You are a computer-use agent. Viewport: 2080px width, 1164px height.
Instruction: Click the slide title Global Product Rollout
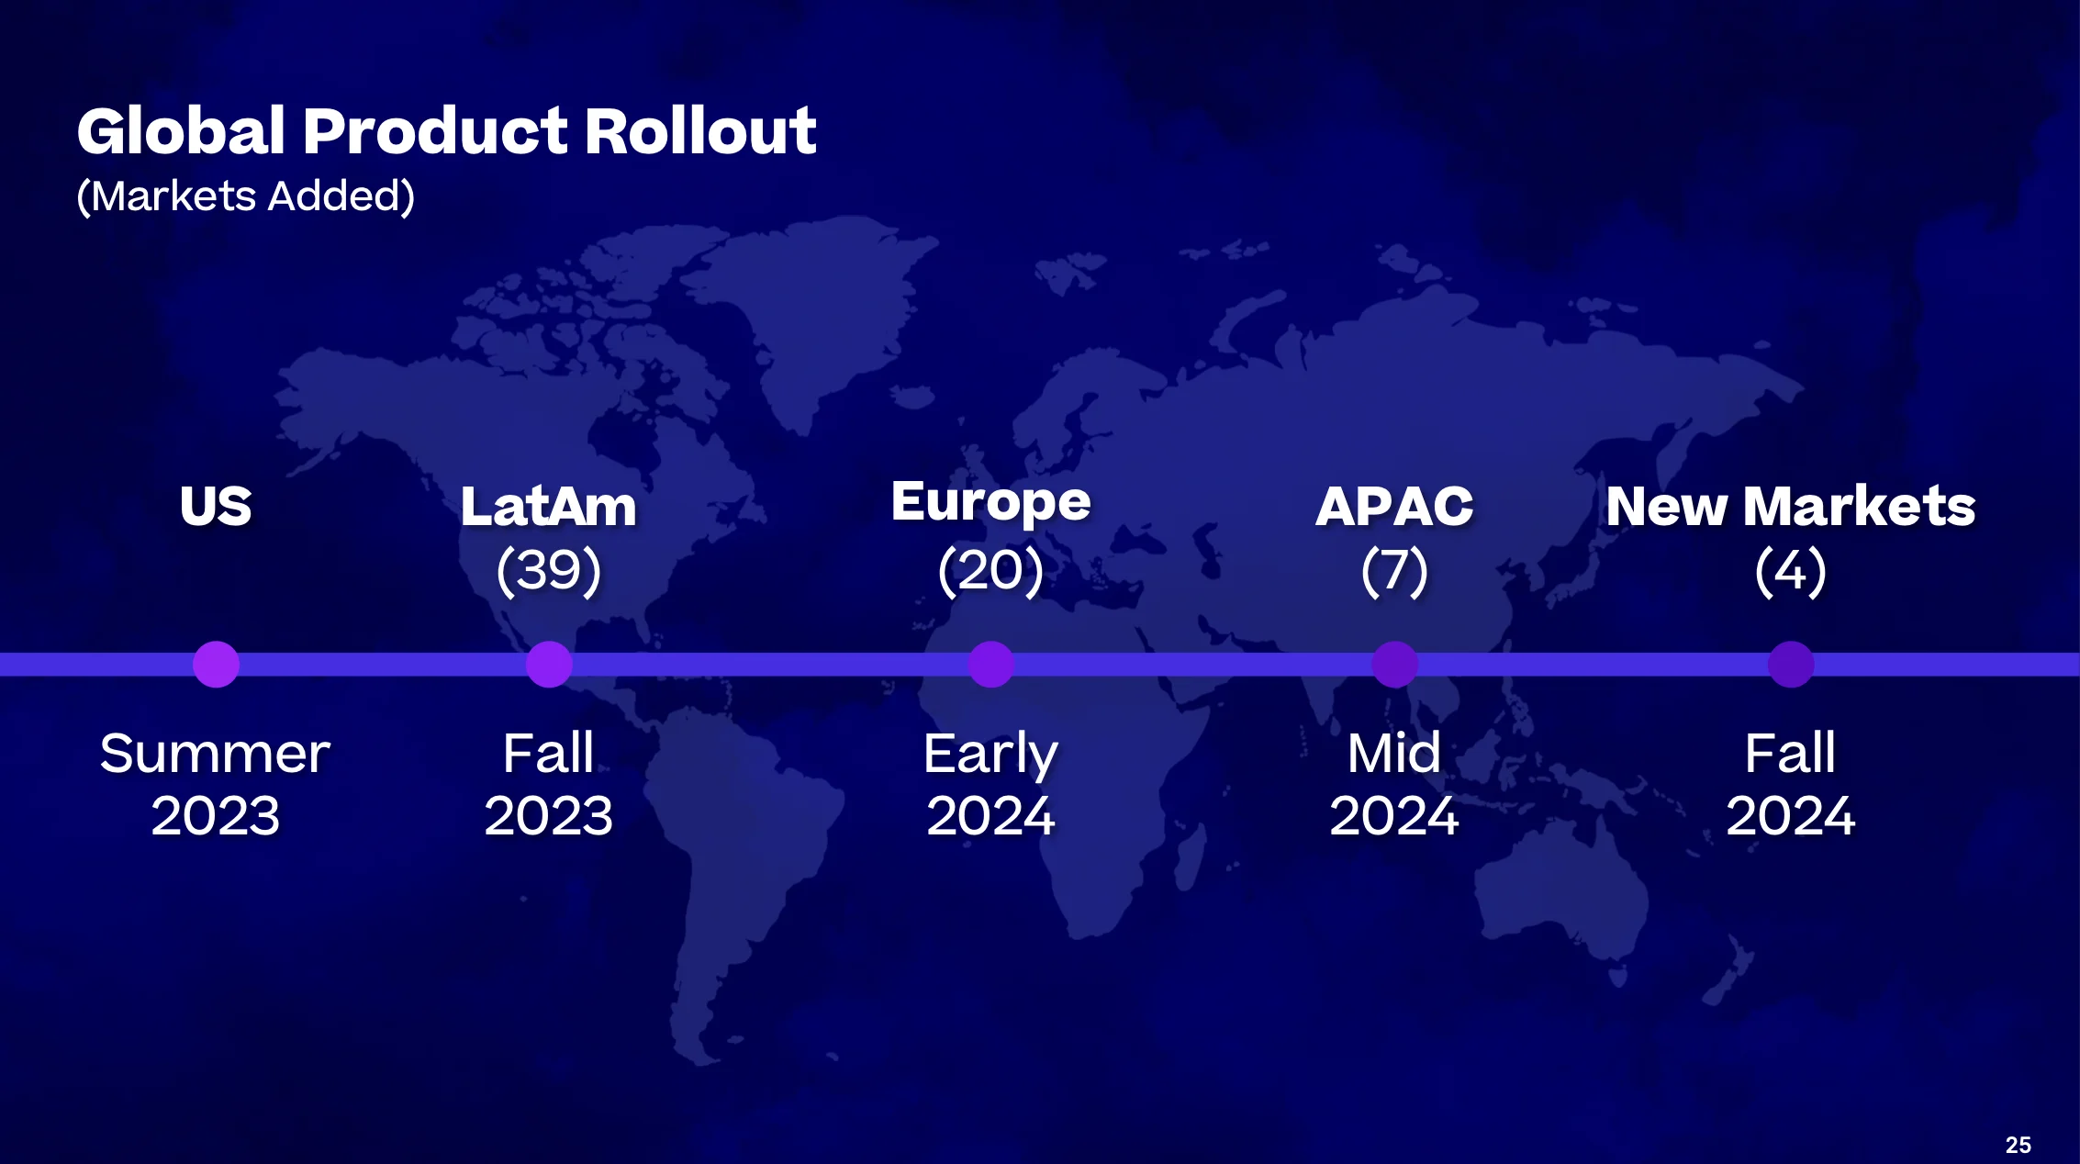(x=447, y=130)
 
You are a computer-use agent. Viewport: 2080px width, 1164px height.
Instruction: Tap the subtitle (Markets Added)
(x=246, y=196)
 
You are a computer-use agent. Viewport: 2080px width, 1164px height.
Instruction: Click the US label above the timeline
(x=216, y=506)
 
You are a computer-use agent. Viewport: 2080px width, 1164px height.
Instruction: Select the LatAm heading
(x=549, y=506)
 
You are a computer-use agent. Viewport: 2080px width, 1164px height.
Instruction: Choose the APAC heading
(x=1394, y=506)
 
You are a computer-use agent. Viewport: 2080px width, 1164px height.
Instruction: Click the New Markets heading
(x=1791, y=506)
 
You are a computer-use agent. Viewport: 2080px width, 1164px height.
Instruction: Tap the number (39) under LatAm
(x=549, y=570)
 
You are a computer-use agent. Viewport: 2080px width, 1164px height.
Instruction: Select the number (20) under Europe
(x=991, y=570)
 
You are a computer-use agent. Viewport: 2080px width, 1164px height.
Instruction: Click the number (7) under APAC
(x=1394, y=570)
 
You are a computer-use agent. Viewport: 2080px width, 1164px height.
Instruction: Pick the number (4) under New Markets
(x=1791, y=570)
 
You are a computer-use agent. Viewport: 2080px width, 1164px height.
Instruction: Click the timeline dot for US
(x=217, y=665)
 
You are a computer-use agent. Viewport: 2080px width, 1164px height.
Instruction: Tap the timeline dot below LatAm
(x=549, y=665)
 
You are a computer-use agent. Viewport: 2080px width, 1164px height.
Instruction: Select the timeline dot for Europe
(x=991, y=665)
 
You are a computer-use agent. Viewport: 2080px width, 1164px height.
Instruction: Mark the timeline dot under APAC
(x=1395, y=665)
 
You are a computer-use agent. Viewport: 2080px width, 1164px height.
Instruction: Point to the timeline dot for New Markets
(x=1791, y=665)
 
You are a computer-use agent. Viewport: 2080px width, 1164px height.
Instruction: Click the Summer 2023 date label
(x=216, y=785)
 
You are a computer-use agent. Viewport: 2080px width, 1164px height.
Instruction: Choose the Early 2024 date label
(x=991, y=785)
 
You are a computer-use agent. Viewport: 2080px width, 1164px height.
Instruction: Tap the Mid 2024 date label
(x=1394, y=785)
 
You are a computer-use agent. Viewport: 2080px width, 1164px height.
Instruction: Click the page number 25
(x=2018, y=1145)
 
